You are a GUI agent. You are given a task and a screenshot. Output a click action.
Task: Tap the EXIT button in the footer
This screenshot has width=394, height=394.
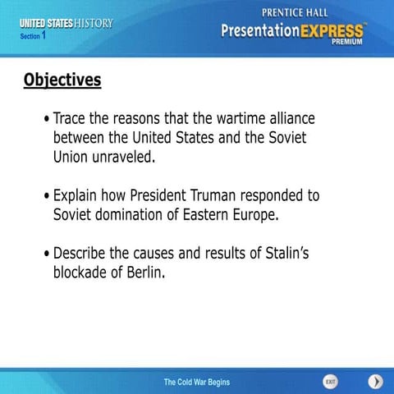(330, 382)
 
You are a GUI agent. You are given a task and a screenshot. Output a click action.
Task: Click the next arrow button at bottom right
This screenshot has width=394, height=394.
(375, 382)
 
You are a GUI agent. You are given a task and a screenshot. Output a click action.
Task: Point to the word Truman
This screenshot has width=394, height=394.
(244, 196)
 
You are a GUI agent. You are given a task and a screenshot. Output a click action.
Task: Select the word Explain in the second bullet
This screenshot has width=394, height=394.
(78, 196)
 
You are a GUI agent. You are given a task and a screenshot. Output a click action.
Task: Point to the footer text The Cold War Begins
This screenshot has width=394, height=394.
(196, 382)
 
